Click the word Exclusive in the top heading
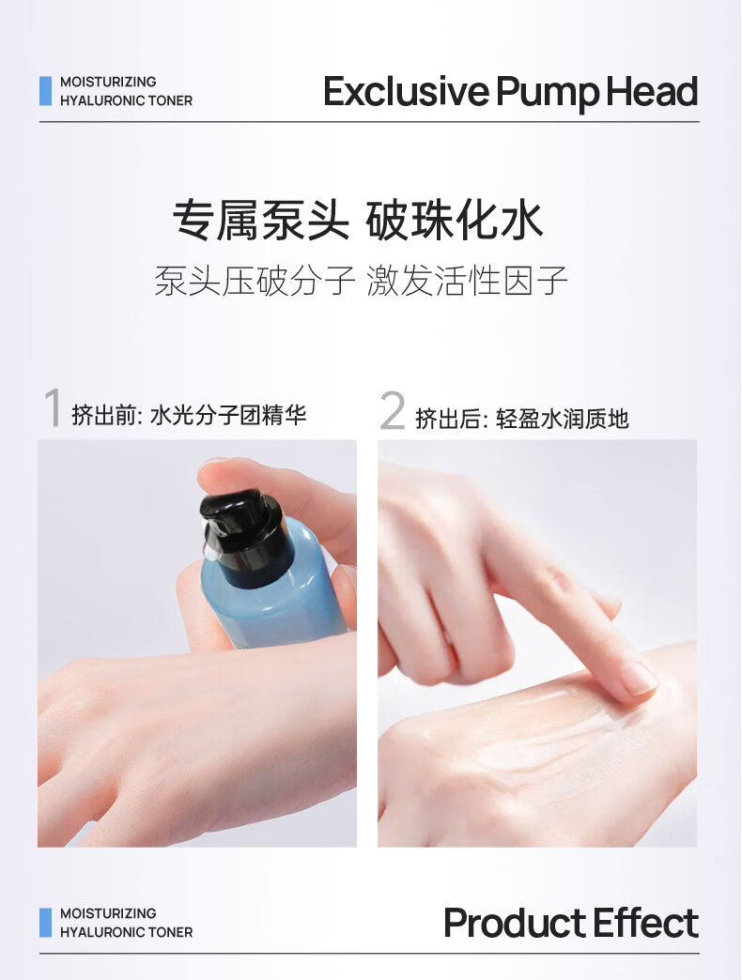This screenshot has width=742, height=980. point(406,91)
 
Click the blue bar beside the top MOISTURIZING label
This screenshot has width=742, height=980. point(45,91)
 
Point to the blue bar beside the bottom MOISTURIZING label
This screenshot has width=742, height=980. point(45,923)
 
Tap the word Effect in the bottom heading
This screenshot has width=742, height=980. point(646,923)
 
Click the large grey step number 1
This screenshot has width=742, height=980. point(53,406)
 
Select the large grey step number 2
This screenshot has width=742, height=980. point(393,410)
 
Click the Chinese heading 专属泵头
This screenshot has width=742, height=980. point(261,220)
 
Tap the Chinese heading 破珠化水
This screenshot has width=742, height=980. point(454,220)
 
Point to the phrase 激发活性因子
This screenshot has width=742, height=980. point(467,280)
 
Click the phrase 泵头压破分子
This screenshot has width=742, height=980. point(255,280)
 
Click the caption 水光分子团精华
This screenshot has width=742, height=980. point(228,415)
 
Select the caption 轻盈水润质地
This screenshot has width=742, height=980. point(562,419)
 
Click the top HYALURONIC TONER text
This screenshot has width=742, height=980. point(126,100)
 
